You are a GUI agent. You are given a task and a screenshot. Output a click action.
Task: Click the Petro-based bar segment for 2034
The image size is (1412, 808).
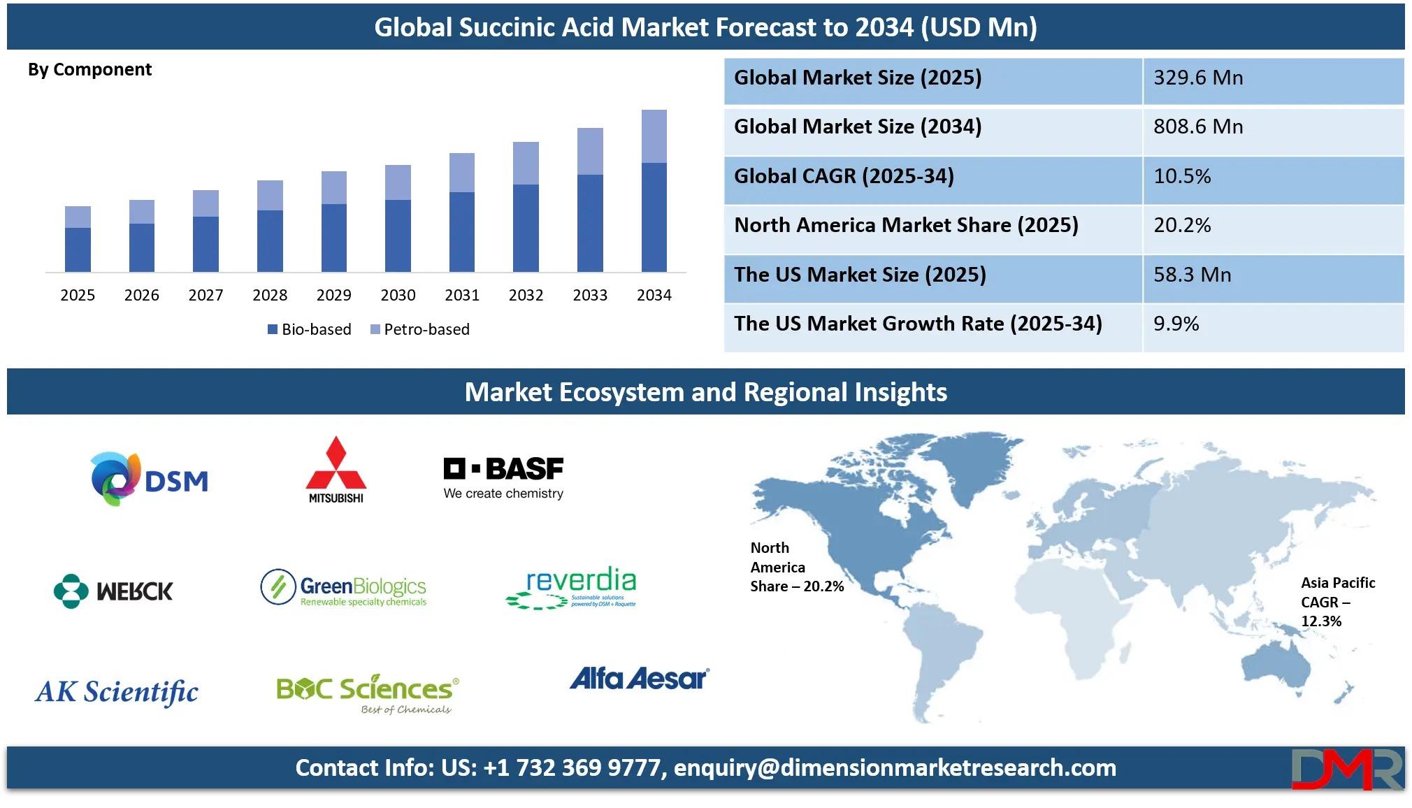click(x=654, y=136)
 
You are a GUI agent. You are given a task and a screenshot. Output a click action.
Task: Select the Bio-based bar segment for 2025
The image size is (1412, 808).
click(x=78, y=250)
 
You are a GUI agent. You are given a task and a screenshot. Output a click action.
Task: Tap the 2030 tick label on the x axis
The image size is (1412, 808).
click(x=398, y=295)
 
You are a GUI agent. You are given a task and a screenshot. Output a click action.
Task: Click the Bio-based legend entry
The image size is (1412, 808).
click(x=310, y=329)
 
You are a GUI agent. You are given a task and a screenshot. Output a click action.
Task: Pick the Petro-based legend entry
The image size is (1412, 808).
click(x=419, y=329)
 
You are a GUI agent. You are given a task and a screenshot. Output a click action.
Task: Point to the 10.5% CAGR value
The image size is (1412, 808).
click(x=1182, y=176)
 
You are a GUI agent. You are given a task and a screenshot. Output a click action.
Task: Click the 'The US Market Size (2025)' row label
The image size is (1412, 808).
click(x=860, y=275)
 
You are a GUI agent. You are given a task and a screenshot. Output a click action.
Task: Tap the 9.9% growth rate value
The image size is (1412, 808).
click(x=1176, y=324)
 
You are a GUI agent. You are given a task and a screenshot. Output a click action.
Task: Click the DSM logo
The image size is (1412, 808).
click(x=150, y=479)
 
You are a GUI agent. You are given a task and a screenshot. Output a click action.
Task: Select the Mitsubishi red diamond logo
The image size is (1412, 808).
click(x=336, y=469)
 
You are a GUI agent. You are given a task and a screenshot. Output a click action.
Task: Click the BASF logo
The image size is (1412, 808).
click(x=503, y=478)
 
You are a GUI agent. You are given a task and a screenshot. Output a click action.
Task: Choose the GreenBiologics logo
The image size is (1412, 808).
click(x=343, y=587)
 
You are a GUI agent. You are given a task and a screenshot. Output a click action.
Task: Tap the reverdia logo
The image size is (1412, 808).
click(x=571, y=587)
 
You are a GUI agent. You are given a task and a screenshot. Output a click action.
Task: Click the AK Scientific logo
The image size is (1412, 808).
click(x=117, y=692)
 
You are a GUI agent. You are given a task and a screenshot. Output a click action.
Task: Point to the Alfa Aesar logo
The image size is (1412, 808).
click(x=640, y=678)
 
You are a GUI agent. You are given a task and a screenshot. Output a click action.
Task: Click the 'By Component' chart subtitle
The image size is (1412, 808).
click(x=89, y=70)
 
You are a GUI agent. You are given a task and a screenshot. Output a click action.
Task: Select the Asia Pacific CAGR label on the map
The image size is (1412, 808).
click(x=1338, y=602)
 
